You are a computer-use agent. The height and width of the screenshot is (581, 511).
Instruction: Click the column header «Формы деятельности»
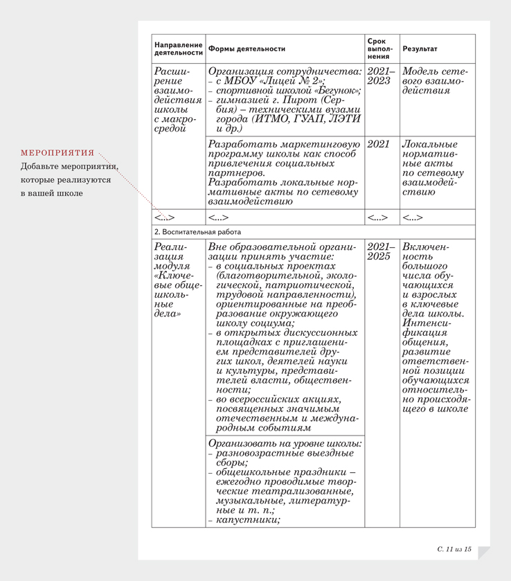pyautogui.click(x=246, y=49)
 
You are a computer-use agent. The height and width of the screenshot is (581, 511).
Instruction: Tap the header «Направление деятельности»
pyautogui.click(x=179, y=48)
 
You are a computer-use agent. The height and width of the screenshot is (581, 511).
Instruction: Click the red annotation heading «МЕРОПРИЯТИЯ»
pyautogui.click(x=57, y=152)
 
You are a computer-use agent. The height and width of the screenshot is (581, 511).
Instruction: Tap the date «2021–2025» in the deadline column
pyautogui.click(x=380, y=252)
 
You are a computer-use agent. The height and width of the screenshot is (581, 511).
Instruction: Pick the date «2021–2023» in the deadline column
pyautogui.click(x=380, y=76)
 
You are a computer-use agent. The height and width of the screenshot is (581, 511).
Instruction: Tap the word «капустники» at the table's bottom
pyautogui.click(x=247, y=519)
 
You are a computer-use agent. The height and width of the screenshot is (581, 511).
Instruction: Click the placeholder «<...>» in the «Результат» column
pyautogui.click(x=413, y=217)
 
